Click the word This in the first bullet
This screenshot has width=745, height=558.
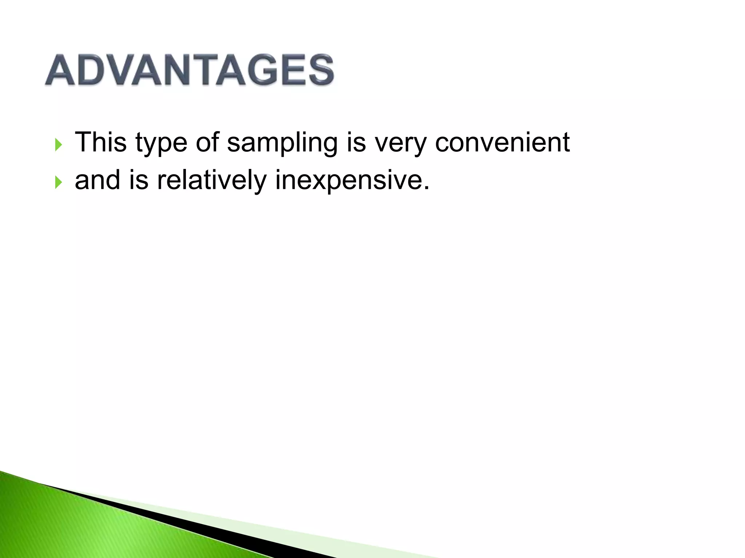(x=101, y=142)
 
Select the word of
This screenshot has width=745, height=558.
(x=207, y=142)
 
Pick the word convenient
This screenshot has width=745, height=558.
(x=502, y=142)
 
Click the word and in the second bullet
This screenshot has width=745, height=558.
(x=97, y=180)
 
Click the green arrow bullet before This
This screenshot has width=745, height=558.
(x=58, y=145)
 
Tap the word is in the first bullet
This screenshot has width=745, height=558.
(x=356, y=142)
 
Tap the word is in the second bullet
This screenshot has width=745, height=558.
(x=139, y=180)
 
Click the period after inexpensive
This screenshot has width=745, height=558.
(x=426, y=189)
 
